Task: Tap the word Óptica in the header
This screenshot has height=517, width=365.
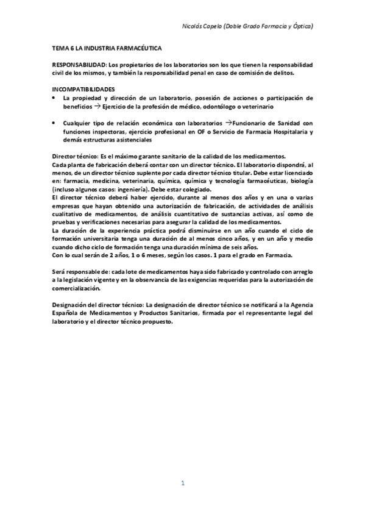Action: (300, 27)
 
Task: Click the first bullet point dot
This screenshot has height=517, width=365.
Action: (55, 98)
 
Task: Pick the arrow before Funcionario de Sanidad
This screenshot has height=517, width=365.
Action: (229, 123)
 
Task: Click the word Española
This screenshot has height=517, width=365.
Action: (66, 313)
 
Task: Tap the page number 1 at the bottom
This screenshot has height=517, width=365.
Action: (182, 483)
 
